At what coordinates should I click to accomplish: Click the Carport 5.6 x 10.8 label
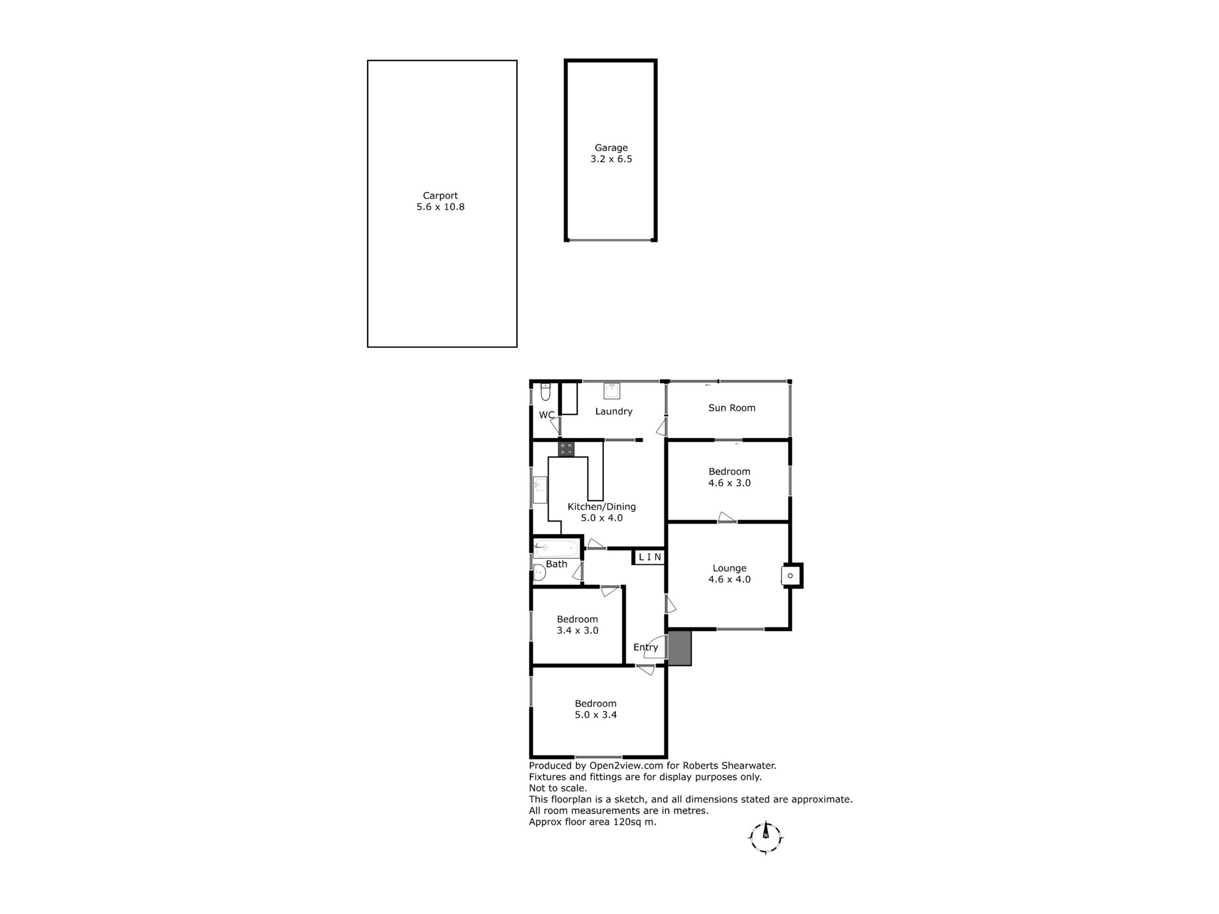click(441, 201)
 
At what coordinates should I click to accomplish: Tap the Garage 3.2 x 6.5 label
click(611, 153)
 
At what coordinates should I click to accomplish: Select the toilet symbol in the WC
click(546, 391)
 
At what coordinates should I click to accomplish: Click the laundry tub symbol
click(612, 391)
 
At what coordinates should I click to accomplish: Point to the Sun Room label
click(732, 408)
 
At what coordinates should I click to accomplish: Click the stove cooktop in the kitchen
click(566, 449)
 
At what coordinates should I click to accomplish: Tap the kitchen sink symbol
click(540, 490)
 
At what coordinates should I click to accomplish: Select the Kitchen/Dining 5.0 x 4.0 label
click(602, 512)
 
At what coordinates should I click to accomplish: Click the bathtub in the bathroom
click(557, 548)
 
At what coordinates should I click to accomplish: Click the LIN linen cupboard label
click(650, 557)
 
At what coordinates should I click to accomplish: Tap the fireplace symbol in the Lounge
click(791, 576)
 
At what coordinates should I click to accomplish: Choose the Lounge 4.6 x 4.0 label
click(730, 573)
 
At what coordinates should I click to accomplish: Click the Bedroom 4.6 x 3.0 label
click(730, 477)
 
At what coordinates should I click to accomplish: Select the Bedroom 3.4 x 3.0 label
click(578, 625)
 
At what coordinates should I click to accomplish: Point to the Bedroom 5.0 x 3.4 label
click(596, 709)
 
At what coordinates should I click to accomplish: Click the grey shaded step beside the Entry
click(680, 648)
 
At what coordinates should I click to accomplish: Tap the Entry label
click(645, 648)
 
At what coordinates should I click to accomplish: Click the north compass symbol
click(766, 838)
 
